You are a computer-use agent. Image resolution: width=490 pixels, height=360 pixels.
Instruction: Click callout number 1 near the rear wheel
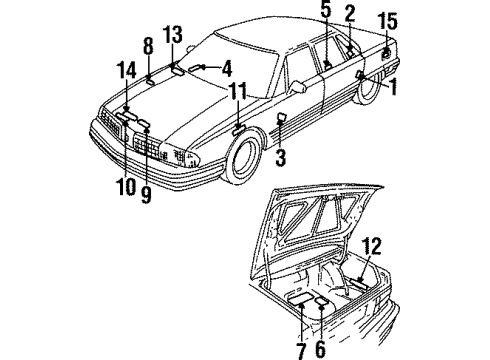pyautogui.click(x=394, y=87)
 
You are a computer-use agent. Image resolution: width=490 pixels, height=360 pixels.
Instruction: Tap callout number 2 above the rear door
pyautogui.click(x=350, y=12)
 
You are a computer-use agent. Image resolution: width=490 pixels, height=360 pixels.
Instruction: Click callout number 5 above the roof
pyautogui.click(x=325, y=12)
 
